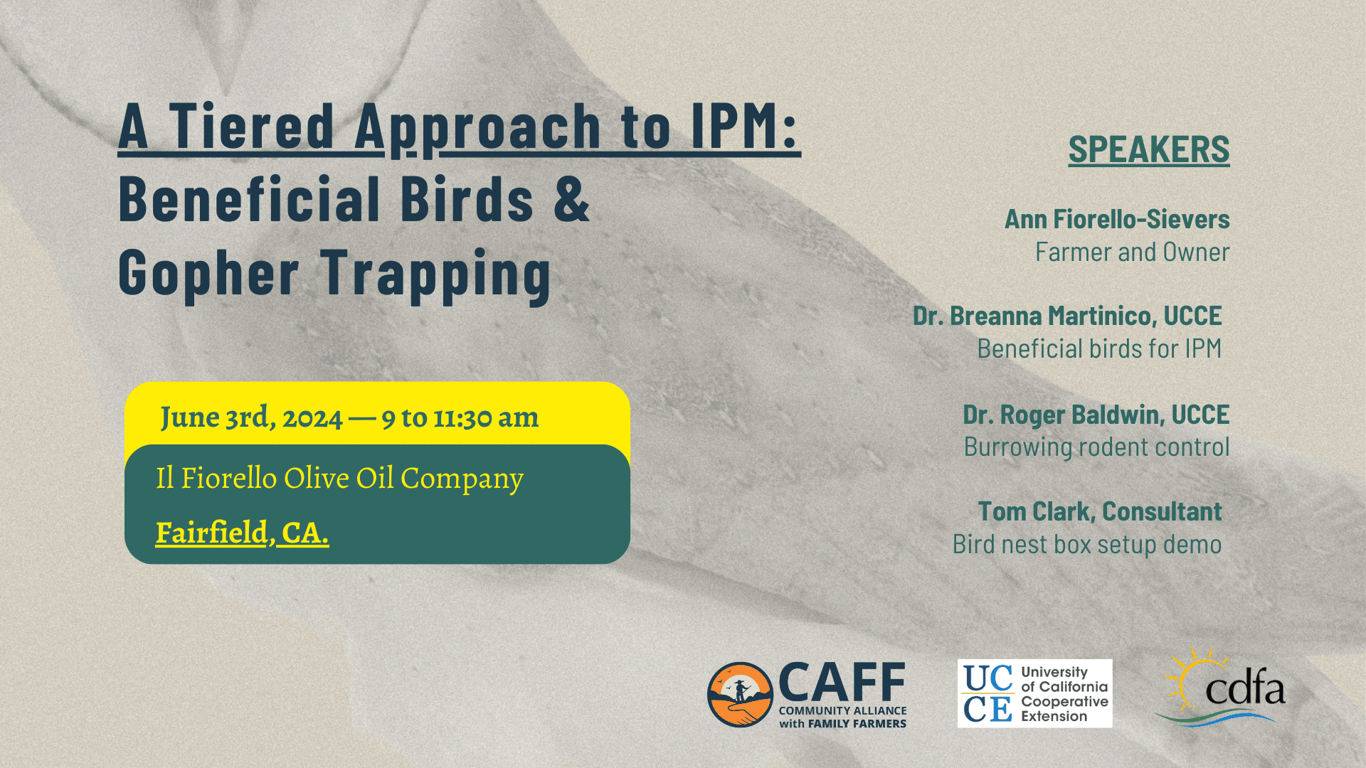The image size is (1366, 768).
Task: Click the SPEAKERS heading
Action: pos(1149,150)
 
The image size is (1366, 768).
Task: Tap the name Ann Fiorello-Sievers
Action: pos(1117,219)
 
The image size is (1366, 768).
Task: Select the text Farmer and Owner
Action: pos(1133,252)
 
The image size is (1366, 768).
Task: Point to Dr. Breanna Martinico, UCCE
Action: pos(1067,316)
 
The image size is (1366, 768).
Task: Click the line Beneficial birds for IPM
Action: pos(1099,348)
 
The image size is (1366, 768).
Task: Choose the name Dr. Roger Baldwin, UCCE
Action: pos(1096,415)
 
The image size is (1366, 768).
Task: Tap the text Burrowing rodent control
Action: pos(1097,447)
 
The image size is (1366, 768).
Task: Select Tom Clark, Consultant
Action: pos(1100,511)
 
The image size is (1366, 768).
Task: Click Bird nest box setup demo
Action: pos(1087,545)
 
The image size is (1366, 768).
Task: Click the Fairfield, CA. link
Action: pos(242,533)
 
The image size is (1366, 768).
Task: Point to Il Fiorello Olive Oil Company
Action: pos(340,479)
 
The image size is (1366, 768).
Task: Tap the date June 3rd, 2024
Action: pos(251,417)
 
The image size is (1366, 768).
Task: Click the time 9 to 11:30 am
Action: pos(460,417)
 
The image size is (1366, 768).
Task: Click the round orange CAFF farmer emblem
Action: pos(740,695)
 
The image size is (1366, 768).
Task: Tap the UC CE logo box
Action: pos(1034,693)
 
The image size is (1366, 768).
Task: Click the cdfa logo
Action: pos(1222,687)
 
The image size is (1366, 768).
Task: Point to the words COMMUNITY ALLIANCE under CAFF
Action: pos(843,710)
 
